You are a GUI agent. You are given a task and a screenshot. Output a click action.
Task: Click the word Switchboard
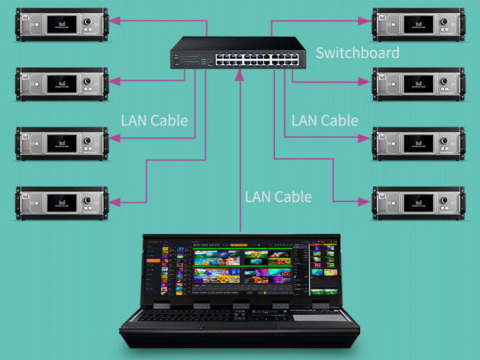click(x=357, y=53)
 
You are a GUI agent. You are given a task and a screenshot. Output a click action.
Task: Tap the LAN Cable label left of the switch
click(x=154, y=120)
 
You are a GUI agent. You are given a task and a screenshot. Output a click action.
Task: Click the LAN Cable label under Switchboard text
click(x=324, y=120)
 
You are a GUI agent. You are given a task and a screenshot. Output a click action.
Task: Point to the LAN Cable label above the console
click(x=278, y=197)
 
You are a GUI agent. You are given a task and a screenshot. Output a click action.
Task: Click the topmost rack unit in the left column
click(x=62, y=24)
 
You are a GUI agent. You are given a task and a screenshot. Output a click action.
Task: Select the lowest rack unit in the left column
click(x=62, y=203)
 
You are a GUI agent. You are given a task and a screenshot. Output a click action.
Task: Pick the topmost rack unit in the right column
click(x=418, y=24)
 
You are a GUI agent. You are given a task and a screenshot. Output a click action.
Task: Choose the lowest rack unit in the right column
click(x=418, y=203)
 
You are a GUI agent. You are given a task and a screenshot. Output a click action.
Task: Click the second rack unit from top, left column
click(x=62, y=84)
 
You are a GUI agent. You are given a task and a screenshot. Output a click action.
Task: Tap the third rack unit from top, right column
click(x=418, y=143)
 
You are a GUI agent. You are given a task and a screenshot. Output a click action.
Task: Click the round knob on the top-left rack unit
click(x=89, y=24)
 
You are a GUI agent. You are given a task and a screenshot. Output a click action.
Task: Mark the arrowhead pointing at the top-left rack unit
click(x=116, y=22)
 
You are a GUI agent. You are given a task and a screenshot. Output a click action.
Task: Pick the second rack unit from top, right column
click(x=418, y=84)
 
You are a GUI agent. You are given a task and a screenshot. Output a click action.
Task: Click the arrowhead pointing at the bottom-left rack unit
click(x=116, y=202)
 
